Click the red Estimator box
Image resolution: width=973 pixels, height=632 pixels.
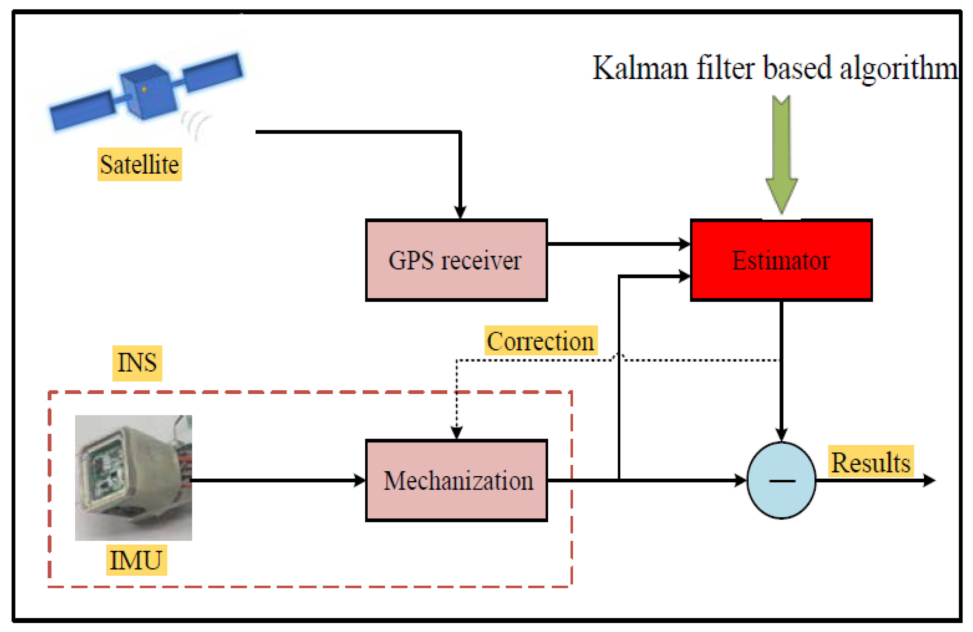click(x=781, y=260)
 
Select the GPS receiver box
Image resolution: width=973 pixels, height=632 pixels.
click(x=456, y=260)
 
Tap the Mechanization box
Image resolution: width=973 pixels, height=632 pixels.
click(x=456, y=480)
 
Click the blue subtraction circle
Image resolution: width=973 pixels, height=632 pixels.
click(x=781, y=480)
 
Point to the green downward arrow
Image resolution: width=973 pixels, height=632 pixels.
click(x=781, y=155)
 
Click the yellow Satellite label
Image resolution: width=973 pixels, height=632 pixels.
click(x=139, y=164)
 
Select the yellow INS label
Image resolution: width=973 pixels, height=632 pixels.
click(x=137, y=363)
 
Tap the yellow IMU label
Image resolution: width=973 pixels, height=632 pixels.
click(x=136, y=560)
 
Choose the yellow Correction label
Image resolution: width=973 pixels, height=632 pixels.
click(x=540, y=341)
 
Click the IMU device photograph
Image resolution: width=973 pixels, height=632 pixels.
click(x=133, y=477)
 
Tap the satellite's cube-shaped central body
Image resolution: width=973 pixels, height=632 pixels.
click(x=148, y=92)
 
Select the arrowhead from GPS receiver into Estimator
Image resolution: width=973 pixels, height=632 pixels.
click(x=684, y=244)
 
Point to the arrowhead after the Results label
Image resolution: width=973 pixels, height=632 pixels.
click(x=929, y=480)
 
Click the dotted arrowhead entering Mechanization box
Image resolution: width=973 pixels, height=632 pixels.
click(x=456, y=432)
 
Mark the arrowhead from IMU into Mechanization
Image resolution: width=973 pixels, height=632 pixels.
click(x=359, y=480)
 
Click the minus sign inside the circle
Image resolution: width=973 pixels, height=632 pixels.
click(x=782, y=481)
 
